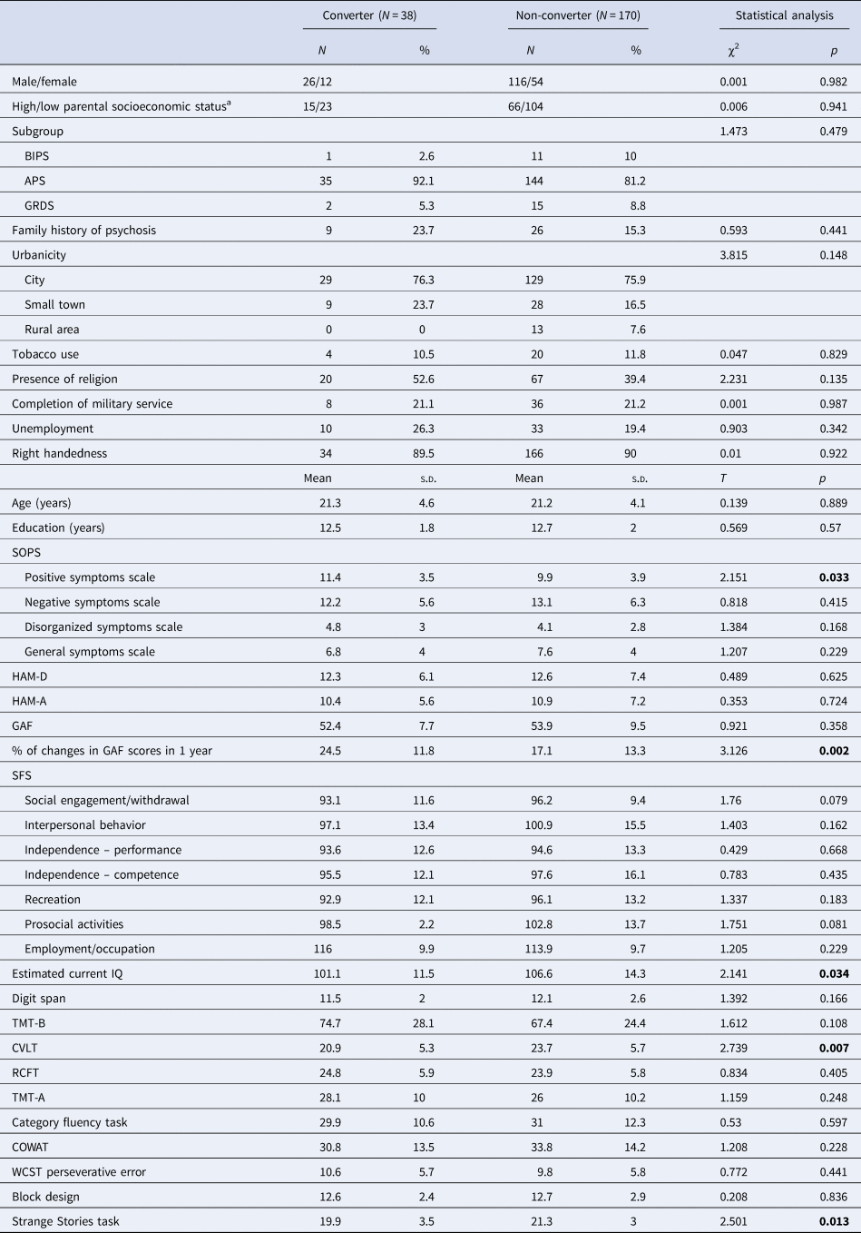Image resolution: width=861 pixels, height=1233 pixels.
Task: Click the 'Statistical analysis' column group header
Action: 784,15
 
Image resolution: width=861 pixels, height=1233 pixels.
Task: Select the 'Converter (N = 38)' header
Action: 369,15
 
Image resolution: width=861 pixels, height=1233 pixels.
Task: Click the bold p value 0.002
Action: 834,751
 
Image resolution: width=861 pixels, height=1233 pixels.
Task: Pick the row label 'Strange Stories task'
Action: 65,1221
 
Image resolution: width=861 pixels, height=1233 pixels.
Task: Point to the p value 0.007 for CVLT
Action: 834,1048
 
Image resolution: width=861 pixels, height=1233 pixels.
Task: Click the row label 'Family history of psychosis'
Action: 83,231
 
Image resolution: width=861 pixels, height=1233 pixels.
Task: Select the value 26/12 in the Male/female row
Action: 318,82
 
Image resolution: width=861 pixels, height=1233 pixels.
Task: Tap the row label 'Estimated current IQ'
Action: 67,973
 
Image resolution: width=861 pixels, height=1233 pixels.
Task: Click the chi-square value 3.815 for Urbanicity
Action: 733,255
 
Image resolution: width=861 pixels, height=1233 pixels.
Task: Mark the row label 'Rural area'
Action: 52,330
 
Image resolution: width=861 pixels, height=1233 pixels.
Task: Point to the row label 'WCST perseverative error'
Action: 79,1171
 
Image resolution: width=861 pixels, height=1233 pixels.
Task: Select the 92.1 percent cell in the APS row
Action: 423,181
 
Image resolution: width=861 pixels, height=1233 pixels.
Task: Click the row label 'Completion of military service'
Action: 92,404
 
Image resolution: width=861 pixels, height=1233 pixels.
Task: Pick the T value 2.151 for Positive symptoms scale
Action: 733,577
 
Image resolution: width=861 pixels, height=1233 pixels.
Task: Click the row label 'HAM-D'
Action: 30,676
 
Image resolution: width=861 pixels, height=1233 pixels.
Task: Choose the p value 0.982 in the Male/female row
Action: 834,82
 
